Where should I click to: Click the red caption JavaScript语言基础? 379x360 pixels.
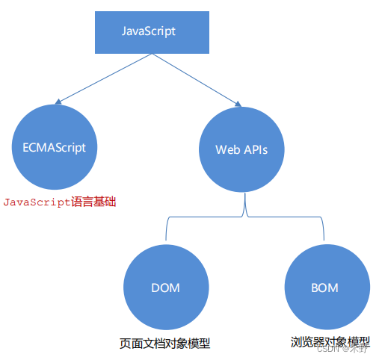click(x=60, y=202)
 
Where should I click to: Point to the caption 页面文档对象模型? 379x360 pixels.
click(x=164, y=344)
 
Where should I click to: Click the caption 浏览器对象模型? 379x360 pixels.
click(x=329, y=342)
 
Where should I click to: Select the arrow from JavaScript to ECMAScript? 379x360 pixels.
click(x=105, y=78)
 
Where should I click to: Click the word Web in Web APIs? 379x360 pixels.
click(x=227, y=149)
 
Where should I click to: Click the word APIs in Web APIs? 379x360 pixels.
click(x=254, y=149)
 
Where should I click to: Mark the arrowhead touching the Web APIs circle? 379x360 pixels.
click(x=237, y=105)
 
